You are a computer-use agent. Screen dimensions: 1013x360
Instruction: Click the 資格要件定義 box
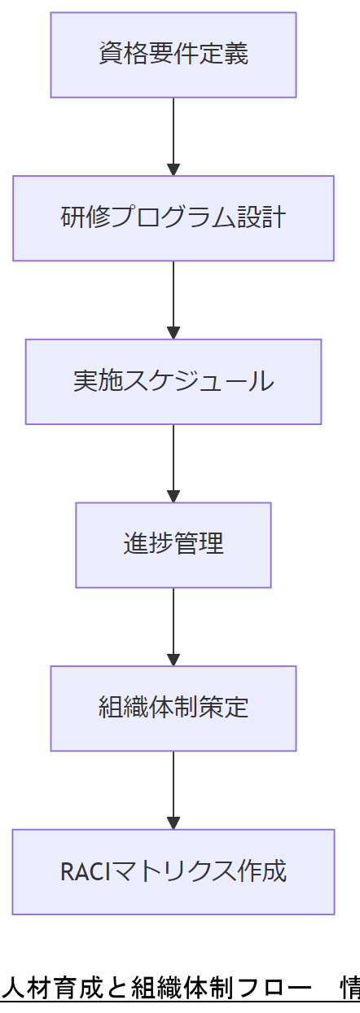click(173, 55)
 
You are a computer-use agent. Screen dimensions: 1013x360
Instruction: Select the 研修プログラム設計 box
click(173, 218)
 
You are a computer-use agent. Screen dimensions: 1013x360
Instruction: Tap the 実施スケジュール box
click(173, 382)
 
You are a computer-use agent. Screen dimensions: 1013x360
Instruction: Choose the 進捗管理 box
click(173, 545)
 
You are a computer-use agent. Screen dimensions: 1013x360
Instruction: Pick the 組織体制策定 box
click(173, 708)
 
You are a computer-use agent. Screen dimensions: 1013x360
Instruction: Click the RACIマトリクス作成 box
click(173, 872)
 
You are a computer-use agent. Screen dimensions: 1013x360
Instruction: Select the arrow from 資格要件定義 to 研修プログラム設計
click(173, 136)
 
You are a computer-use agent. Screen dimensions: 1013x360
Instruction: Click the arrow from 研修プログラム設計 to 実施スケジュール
click(173, 300)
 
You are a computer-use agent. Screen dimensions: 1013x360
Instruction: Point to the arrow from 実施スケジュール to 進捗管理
click(173, 463)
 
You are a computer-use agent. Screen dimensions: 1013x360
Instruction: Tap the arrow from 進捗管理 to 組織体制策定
click(173, 626)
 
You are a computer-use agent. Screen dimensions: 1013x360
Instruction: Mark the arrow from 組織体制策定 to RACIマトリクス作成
click(173, 790)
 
